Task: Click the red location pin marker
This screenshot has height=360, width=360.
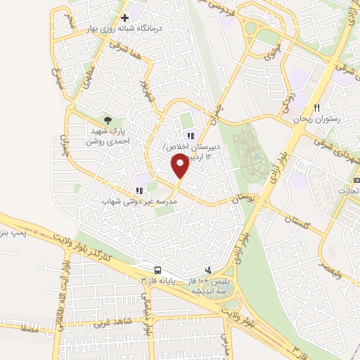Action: [180, 166]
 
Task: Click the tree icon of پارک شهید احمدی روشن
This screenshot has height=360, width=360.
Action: [108, 121]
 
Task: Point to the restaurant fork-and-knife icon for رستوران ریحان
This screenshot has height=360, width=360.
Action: [316, 109]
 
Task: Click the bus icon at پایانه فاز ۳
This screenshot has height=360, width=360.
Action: [158, 270]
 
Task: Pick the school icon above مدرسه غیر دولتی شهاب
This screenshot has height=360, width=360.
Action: [139, 190]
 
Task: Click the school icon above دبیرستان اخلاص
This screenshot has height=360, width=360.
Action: [189, 136]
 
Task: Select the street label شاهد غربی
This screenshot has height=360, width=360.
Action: [115, 323]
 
